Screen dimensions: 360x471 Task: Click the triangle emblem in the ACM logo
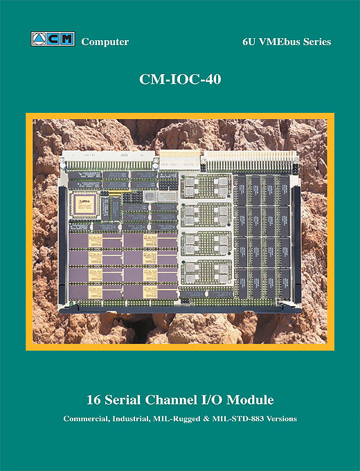[39, 39]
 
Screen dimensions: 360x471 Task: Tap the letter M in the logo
[68, 39]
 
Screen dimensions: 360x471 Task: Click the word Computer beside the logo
[105, 42]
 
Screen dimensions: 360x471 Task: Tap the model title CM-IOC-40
[180, 79]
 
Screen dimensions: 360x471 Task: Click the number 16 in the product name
[93, 400]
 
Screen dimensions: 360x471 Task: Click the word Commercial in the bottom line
[87, 419]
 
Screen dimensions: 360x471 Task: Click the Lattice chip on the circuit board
[84, 205]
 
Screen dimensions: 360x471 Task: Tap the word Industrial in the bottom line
[132, 419]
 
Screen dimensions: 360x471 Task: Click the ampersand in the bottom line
[206, 419]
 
